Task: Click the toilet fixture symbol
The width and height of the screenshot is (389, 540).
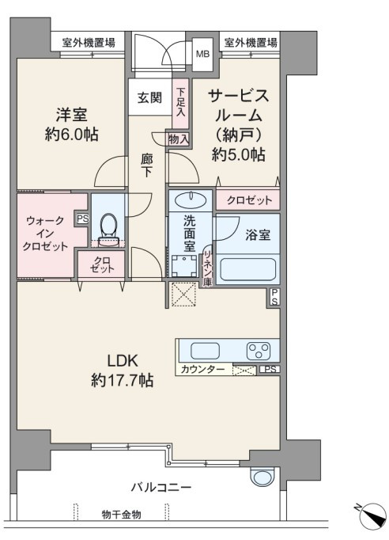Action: click(109, 229)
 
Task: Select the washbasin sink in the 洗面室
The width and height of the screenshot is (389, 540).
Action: click(191, 200)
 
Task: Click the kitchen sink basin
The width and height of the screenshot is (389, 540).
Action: click(205, 351)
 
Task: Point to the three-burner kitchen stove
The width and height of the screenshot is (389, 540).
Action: click(259, 351)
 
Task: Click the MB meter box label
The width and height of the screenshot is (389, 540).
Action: click(202, 54)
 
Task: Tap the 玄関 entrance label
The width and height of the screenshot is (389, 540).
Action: click(149, 98)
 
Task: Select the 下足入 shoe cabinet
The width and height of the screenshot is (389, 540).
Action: click(180, 104)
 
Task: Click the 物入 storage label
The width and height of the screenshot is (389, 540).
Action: click(179, 139)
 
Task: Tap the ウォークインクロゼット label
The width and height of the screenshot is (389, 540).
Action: click(45, 234)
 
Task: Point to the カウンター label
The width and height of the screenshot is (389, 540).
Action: click(202, 369)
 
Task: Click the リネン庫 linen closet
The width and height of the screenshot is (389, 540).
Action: click(207, 267)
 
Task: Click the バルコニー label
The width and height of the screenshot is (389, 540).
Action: click(161, 488)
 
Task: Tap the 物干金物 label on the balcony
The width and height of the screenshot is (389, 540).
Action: click(122, 515)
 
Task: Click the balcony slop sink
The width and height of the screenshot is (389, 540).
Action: click(262, 476)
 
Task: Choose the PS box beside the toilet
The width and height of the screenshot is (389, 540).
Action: click(82, 219)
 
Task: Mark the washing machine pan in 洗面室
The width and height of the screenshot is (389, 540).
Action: click(184, 265)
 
